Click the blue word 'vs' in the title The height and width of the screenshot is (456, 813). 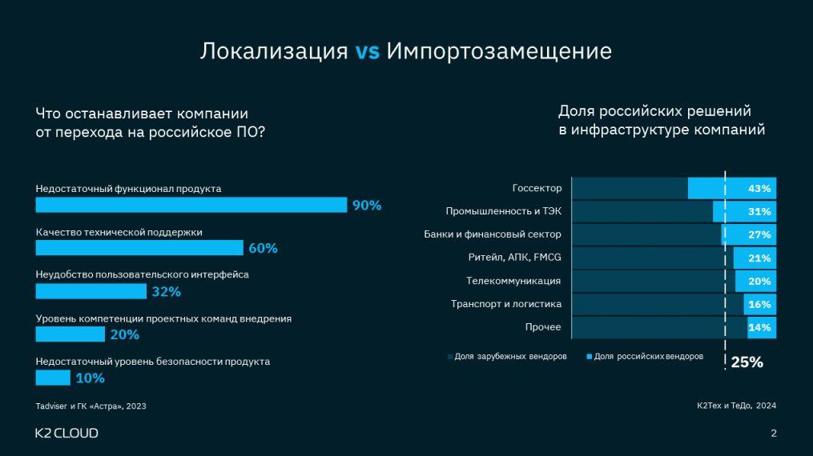tap(368, 51)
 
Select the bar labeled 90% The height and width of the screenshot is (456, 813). tap(191, 205)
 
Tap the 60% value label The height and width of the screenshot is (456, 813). tap(263, 248)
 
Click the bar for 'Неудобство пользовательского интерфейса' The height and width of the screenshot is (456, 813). tap(91, 291)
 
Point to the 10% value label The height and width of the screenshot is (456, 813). tap(90, 378)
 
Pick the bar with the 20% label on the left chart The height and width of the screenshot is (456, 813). tap(70, 334)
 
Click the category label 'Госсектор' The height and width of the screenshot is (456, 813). tap(537, 189)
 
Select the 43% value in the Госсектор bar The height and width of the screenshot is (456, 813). tap(759, 189)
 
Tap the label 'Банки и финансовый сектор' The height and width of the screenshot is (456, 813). tap(493, 234)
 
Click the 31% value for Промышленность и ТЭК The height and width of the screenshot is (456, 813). tap(759, 212)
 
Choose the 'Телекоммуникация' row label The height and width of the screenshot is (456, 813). tap(513, 281)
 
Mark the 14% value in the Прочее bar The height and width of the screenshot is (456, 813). tap(759, 327)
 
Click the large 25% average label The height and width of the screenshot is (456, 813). tap(747, 362)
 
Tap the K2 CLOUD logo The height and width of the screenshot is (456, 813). tap(66, 433)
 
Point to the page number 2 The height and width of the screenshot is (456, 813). tap(773, 434)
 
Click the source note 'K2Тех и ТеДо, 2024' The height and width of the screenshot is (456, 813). tap(737, 406)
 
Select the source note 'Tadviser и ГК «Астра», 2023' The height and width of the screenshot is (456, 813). tap(91, 406)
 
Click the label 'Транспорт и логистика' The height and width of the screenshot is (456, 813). tap(506, 304)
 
